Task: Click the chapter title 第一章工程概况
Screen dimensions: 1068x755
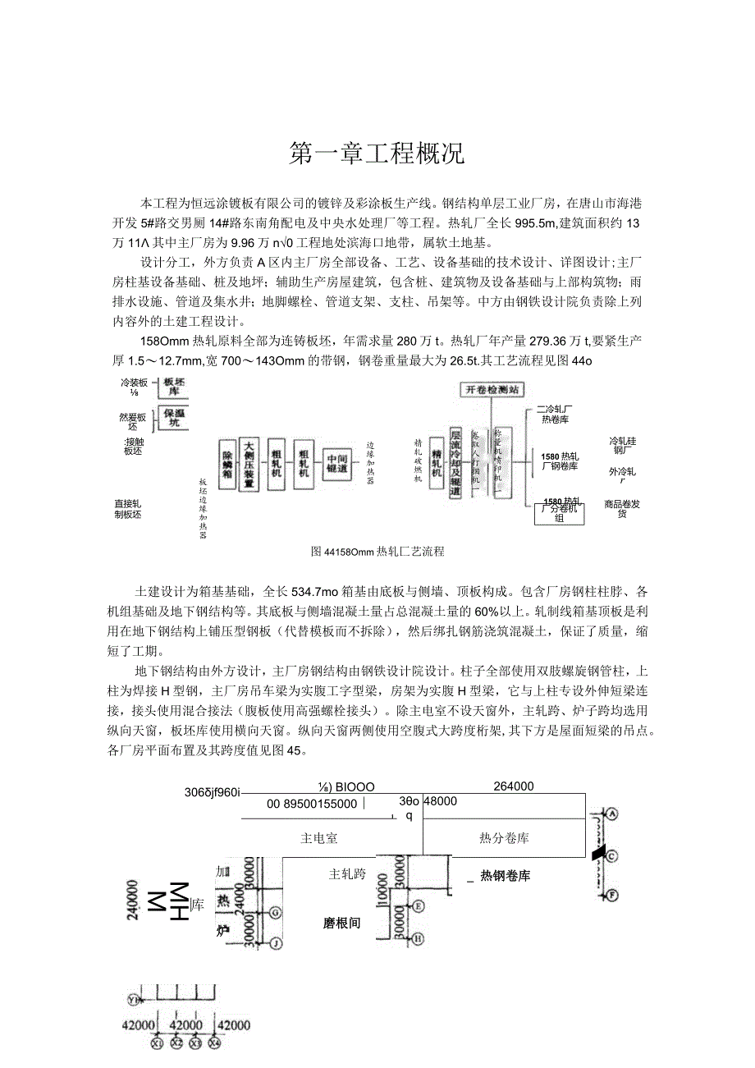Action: (377, 154)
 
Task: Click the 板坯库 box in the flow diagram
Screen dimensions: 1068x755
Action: (172, 387)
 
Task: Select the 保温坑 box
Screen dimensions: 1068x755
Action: (172, 418)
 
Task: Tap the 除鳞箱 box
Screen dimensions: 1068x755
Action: (227, 465)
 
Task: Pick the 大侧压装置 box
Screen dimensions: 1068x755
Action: (248, 465)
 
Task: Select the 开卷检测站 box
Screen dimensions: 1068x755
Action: (492, 390)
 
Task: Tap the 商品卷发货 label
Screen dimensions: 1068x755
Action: (622, 509)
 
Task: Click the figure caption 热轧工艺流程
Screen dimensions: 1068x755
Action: (377, 552)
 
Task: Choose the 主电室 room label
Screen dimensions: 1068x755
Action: (321, 838)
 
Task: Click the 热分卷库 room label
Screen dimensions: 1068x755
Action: (504, 838)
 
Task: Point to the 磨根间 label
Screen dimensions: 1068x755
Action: (342, 923)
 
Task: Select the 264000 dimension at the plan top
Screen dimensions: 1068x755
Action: (514, 786)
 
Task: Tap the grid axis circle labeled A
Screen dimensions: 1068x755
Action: (612, 814)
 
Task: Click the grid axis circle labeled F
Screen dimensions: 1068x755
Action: (612, 894)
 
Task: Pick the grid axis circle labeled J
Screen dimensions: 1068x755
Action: (277, 944)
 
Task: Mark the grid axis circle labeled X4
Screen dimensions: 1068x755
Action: (214, 1043)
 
